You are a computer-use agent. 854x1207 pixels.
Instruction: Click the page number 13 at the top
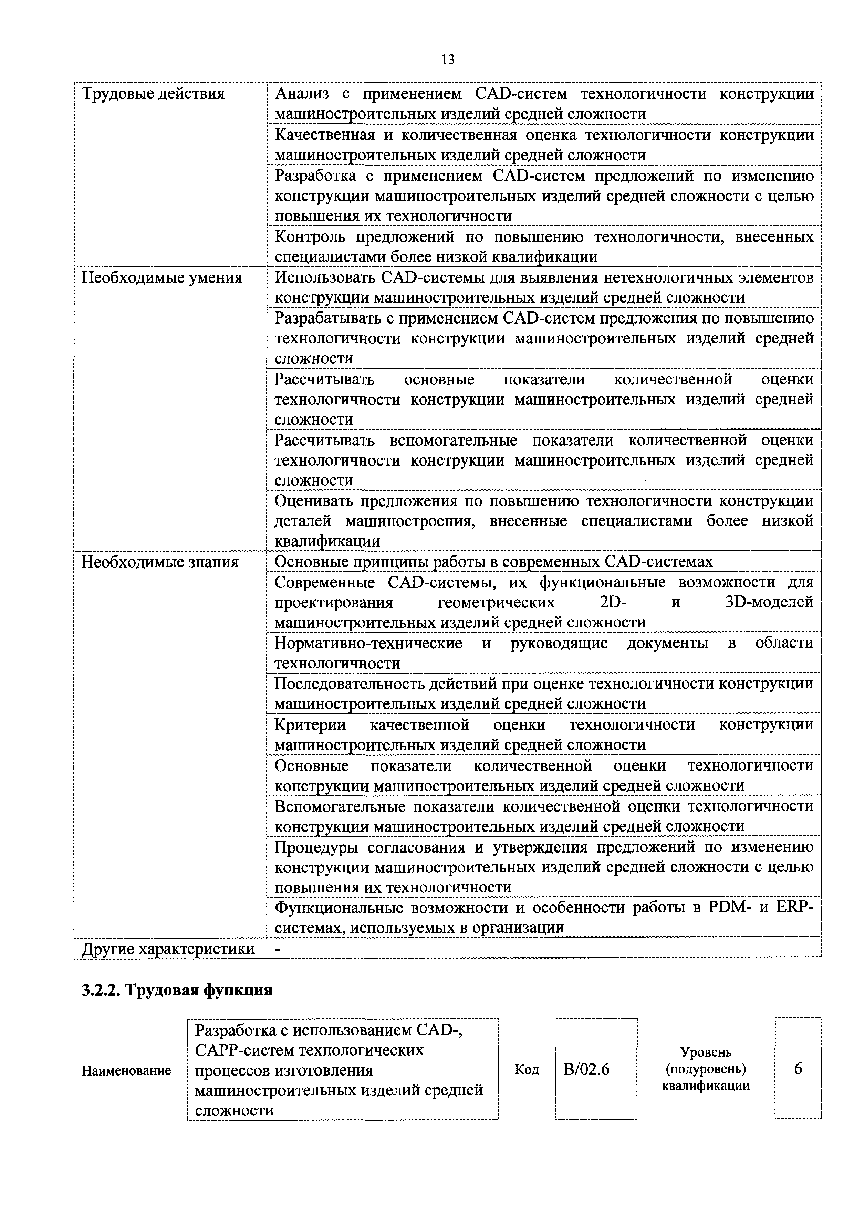tap(448, 60)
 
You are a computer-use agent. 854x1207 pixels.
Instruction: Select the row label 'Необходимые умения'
tap(162, 277)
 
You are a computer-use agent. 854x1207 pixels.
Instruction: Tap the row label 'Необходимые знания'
tap(160, 562)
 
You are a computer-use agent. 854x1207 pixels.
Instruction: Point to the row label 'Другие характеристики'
tap(168, 949)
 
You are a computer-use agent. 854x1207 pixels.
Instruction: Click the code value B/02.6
tap(586, 1070)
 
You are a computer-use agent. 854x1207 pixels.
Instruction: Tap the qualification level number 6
tap(798, 1069)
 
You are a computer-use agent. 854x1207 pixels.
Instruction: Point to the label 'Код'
tap(527, 1070)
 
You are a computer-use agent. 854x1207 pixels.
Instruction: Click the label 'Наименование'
tap(126, 1071)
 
